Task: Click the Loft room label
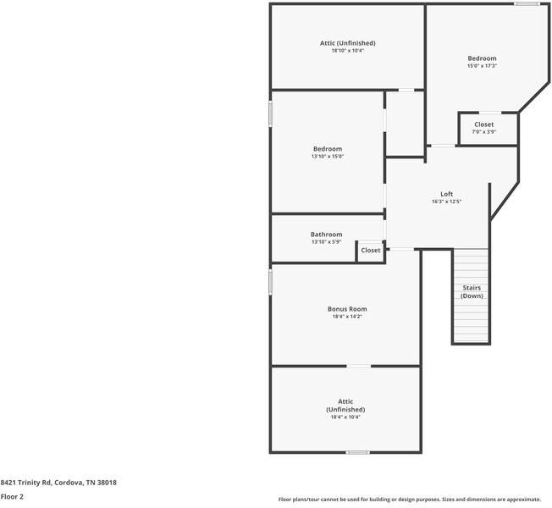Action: coord(446,194)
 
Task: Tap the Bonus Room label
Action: coord(347,309)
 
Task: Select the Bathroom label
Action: coord(326,235)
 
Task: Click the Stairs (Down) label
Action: coord(472,291)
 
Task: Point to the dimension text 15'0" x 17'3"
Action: coord(482,66)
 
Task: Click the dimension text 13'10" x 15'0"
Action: coord(328,157)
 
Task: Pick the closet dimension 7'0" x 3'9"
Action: coord(484,132)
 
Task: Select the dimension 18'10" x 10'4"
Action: coord(347,51)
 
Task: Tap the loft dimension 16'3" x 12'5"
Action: coord(446,202)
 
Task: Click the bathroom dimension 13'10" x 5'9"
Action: coord(326,243)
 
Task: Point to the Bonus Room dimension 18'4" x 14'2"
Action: coord(347,317)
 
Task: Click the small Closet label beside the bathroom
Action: coord(371,251)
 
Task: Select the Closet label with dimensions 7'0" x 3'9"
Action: coord(484,124)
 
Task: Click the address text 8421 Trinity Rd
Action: coord(58,483)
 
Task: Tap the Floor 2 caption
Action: coord(12,498)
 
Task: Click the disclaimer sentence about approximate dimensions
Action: coord(410,500)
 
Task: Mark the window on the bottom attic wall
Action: coord(357,452)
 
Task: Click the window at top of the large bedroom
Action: coord(527,4)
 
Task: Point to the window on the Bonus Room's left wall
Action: coord(271,281)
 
